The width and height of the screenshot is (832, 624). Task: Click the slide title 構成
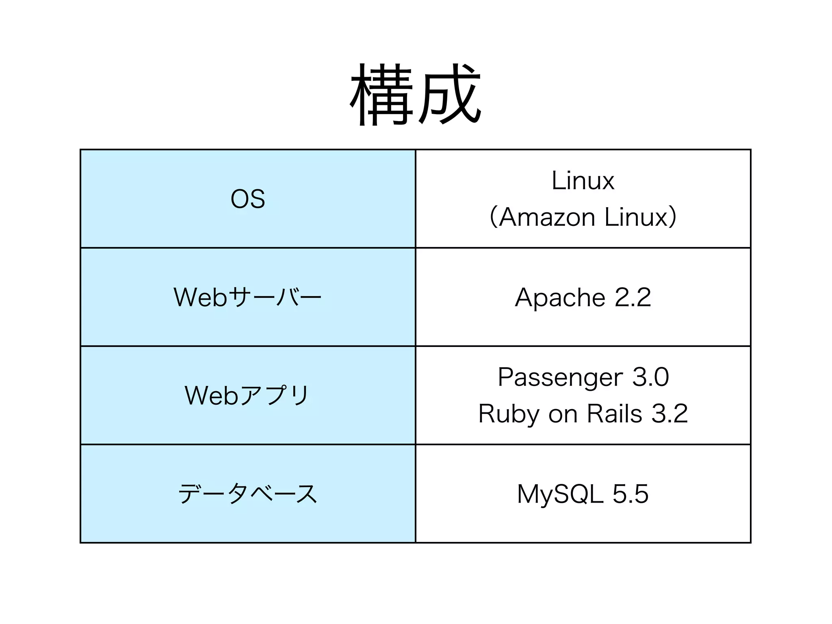point(415,94)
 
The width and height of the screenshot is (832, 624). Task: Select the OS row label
point(248,199)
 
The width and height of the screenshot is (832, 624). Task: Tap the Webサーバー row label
point(248,297)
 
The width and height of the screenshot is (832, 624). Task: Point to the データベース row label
point(248,494)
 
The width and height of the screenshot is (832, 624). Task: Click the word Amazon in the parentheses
point(547,217)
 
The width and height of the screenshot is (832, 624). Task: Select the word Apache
point(560,297)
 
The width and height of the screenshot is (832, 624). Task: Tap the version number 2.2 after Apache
point(633,297)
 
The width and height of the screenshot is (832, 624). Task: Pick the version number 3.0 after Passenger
point(650,377)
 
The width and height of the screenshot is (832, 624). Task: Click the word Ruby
point(509,414)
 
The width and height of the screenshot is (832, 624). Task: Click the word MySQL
point(560,494)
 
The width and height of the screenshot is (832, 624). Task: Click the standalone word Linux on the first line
point(583,181)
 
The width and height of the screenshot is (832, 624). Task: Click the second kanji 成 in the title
point(449,94)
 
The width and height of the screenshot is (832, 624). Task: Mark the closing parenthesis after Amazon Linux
point(673,217)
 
